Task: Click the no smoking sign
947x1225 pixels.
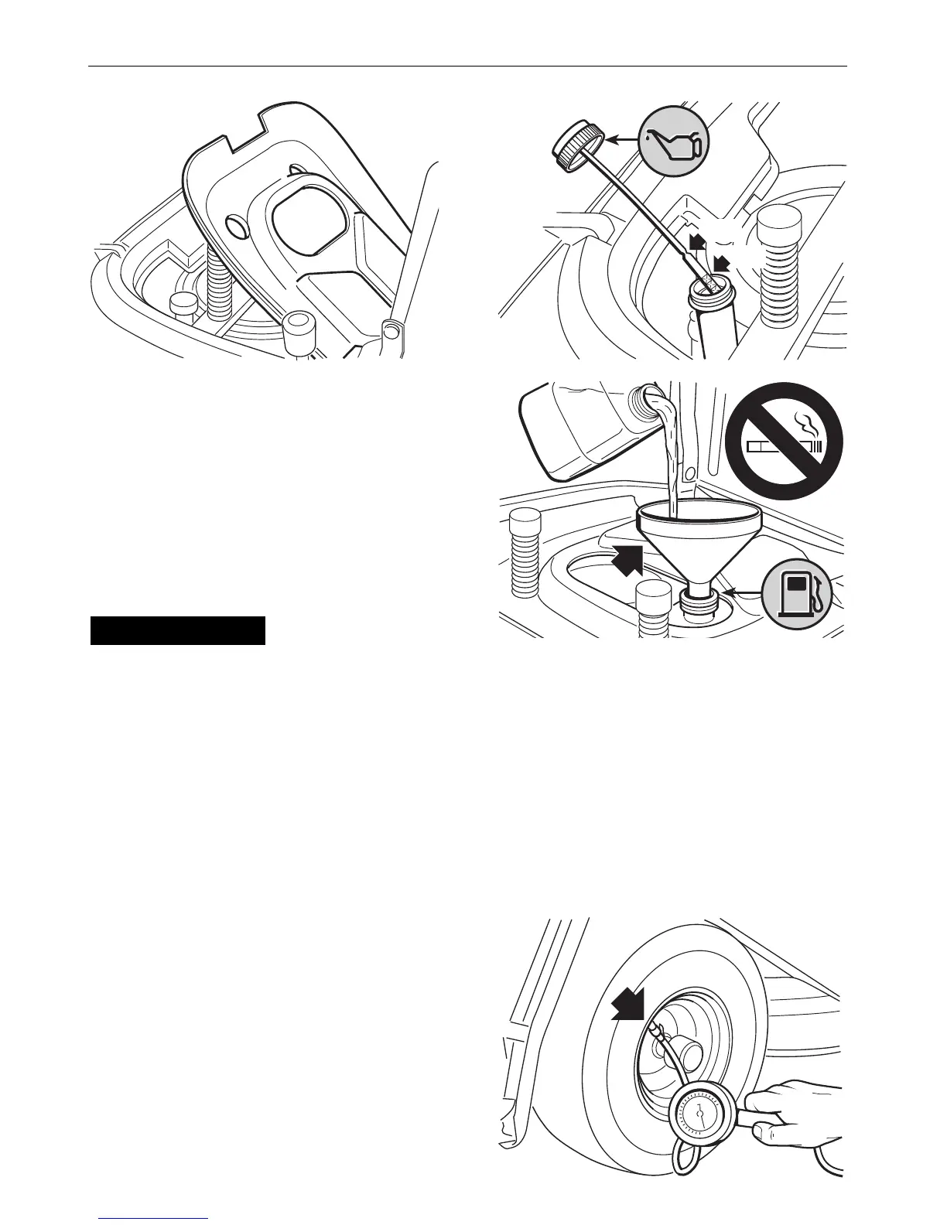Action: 784,441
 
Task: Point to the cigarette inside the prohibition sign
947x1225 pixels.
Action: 783,447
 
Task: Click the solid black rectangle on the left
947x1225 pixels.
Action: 178,630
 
